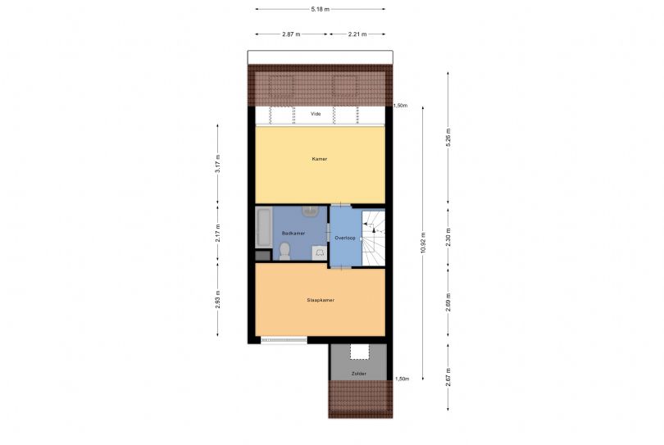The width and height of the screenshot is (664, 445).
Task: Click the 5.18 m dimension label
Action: (x=321, y=9)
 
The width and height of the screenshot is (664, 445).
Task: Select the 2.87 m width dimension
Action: (x=291, y=34)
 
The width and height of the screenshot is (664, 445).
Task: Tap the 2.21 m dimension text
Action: (x=357, y=34)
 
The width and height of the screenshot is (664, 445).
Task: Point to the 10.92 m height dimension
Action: (x=423, y=243)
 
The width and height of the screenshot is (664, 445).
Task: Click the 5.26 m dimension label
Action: (x=448, y=137)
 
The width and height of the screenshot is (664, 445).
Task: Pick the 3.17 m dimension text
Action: (x=218, y=163)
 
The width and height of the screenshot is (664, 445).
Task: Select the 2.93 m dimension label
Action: (x=218, y=299)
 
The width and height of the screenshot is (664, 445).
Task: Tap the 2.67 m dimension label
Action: (x=448, y=377)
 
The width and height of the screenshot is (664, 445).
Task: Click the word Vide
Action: (x=316, y=114)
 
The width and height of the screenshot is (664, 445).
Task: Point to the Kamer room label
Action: (x=320, y=159)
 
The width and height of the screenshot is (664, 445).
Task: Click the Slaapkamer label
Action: (x=321, y=300)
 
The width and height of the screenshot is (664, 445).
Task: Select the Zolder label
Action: (x=359, y=374)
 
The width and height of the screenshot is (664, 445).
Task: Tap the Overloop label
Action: (x=345, y=238)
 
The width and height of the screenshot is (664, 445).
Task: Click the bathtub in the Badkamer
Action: (x=264, y=227)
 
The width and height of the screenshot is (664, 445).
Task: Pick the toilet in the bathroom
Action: (x=284, y=251)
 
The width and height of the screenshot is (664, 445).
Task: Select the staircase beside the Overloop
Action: (x=373, y=237)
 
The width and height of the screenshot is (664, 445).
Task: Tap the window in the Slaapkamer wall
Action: (x=284, y=339)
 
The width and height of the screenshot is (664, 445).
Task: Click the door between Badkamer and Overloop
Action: (x=328, y=234)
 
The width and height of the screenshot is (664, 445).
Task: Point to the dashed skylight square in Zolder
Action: (x=360, y=352)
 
